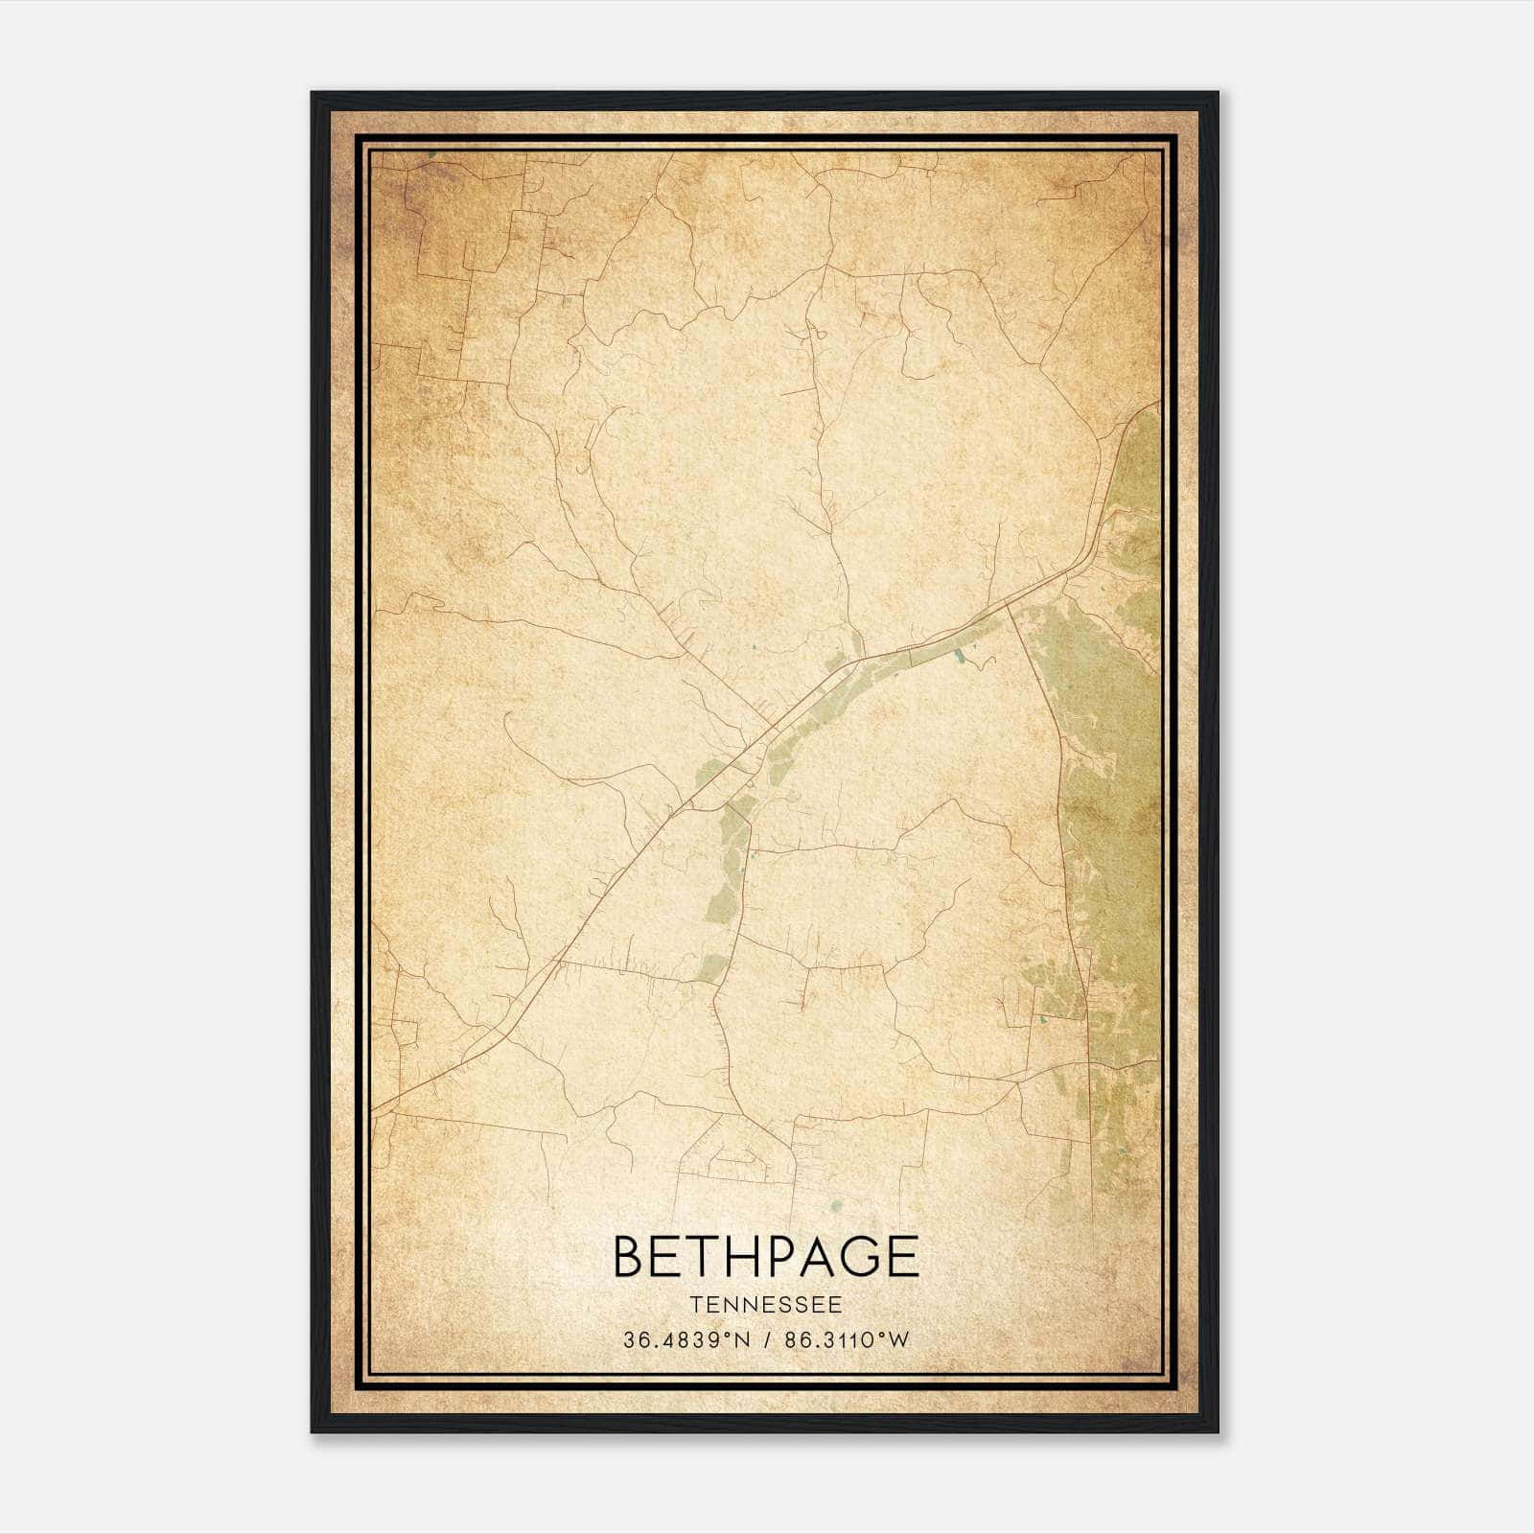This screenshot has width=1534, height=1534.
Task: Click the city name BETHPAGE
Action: point(765,1257)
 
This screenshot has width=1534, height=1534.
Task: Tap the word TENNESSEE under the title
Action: point(765,1305)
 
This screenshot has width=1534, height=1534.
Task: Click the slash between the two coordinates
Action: point(764,1340)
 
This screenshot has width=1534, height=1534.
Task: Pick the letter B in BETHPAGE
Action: point(628,1257)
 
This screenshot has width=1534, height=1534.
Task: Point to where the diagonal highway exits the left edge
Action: point(373,1112)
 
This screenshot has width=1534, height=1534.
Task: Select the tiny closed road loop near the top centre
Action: point(821,335)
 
